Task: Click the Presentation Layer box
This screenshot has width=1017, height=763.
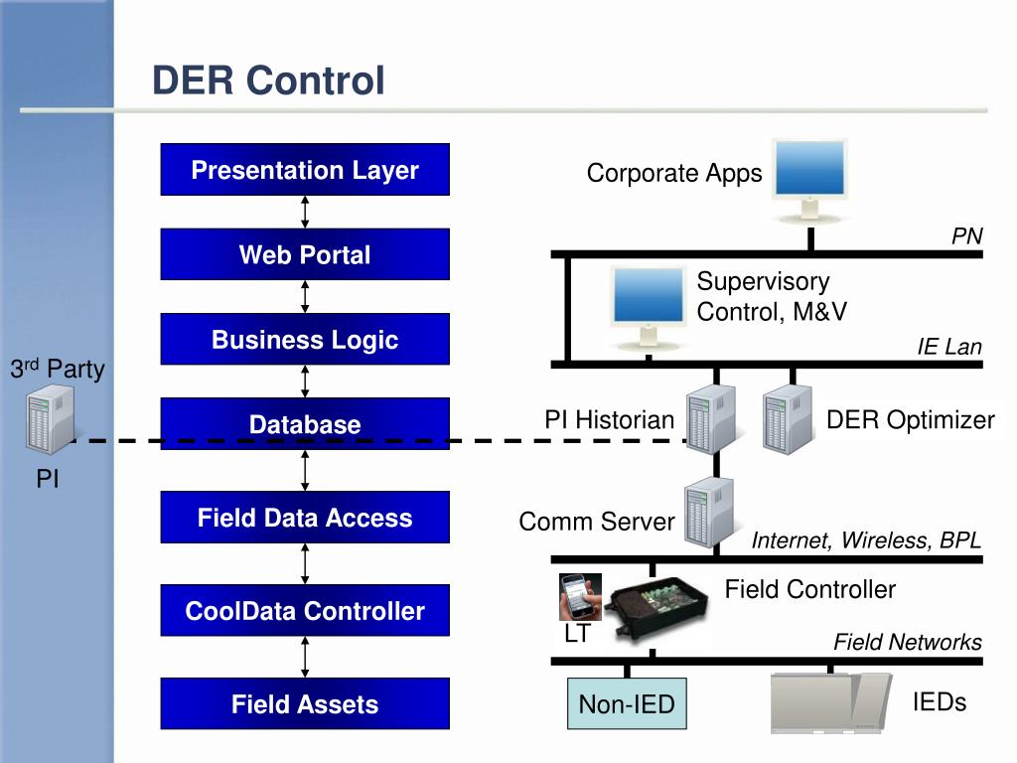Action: point(305,169)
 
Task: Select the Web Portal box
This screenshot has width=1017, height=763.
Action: point(305,254)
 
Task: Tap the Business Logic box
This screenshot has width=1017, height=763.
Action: point(305,340)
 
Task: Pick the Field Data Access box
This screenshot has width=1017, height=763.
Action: point(305,517)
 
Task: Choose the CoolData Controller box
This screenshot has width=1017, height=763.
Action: point(305,611)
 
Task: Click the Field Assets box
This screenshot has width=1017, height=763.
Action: point(305,704)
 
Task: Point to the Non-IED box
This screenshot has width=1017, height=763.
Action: point(627,704)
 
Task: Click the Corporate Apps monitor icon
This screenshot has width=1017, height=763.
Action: point(810,181)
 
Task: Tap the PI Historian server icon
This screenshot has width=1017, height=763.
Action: point(711,419)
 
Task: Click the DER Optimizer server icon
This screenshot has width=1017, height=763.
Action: point(788,419)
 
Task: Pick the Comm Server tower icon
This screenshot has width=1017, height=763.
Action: point(709,513)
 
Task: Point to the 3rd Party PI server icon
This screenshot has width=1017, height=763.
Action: point(50,419)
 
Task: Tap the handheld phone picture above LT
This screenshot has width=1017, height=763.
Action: point(580,597)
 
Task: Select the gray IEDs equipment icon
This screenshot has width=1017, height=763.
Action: point(831,703)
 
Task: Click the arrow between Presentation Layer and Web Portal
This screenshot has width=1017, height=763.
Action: point(305,213)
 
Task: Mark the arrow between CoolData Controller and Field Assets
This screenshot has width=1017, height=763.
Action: point(305,658)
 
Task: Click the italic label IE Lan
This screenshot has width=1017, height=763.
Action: point(949,347)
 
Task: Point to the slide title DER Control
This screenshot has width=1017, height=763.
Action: point(268,80)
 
